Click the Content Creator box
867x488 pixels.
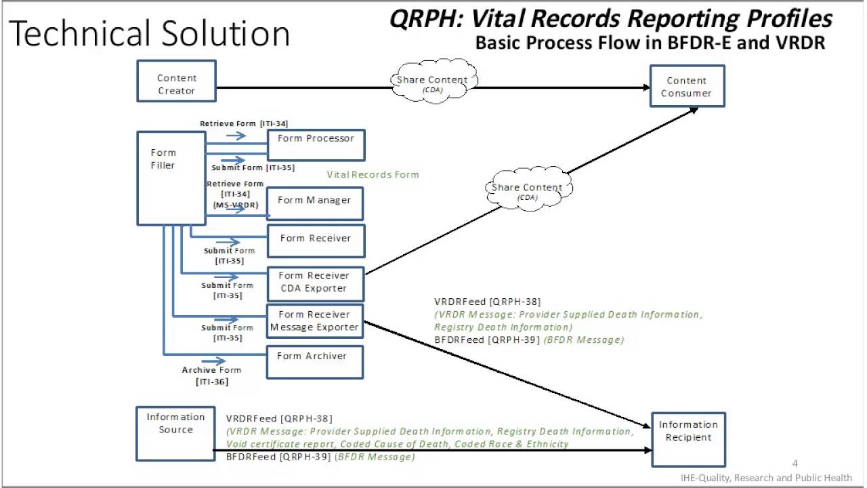[176, 81]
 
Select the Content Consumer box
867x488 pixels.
[687, 86]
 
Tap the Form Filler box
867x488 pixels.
[171, 178]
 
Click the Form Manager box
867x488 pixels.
[315, 204]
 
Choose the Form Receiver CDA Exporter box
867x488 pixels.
[315, 284]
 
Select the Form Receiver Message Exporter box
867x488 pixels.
[315, 321]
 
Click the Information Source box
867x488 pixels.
[175, 432]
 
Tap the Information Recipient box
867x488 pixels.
[688, 439]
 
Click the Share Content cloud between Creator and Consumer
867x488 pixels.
[432, 82]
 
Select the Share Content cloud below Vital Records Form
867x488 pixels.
[527, 189]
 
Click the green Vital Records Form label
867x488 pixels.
[373, 174]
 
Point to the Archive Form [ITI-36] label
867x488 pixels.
[211, 375]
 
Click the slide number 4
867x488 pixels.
[795, 464]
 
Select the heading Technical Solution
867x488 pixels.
[150, 33]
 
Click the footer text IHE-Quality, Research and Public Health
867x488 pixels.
[766, 478]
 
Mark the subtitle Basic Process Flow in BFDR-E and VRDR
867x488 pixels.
[650, 43]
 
